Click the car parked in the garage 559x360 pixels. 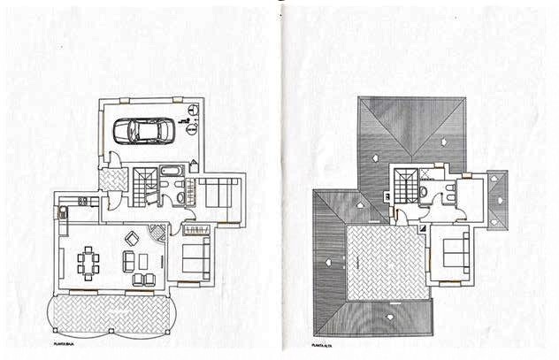pos(143,130)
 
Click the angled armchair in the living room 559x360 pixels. pos(132,238)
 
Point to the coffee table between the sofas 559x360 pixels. pos(142,261)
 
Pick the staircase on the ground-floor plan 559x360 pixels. pos(143,186)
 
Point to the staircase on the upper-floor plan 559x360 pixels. pos(406,186)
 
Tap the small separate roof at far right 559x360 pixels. pos(498,200)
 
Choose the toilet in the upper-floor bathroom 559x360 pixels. pos(425,191)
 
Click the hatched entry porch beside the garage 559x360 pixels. pos(112,180)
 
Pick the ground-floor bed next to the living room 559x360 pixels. pos(195,257)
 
